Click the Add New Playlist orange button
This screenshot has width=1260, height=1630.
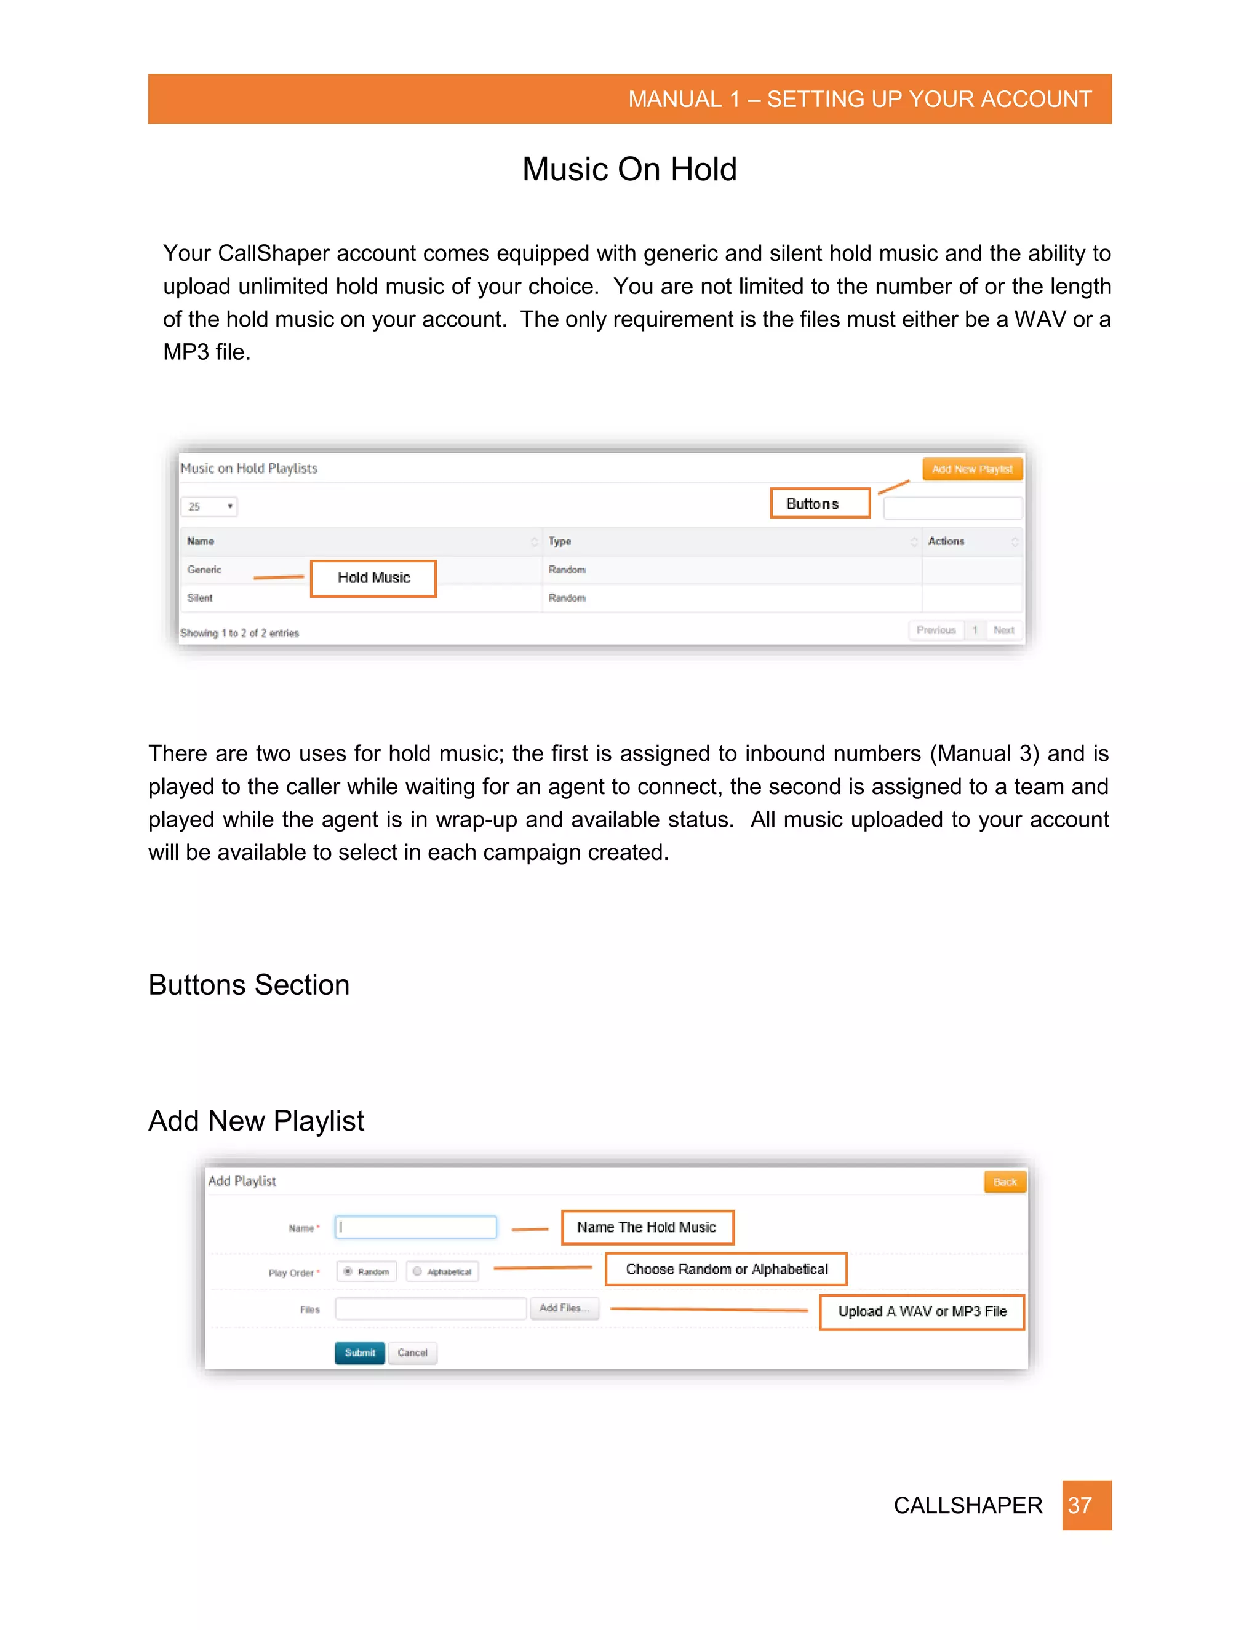tap(972, 469)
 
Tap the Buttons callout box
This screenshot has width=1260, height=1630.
tap(819, 504)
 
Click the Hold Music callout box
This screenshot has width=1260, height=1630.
tap(373, 578)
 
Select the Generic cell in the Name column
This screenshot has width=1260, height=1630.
tap(204, 570)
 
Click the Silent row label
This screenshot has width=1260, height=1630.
tap(200, 598)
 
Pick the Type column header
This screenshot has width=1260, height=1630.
tap(560, 541)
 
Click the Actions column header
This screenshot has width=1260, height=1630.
tap(946, 541)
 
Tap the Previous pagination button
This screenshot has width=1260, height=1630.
tap(936, 630)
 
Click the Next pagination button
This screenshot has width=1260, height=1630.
tap(1003, 630)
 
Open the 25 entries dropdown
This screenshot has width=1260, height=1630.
tap(209, 507)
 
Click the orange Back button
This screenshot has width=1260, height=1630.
tap(1005, 1182)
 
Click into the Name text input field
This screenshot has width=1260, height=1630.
tap(416, 1227)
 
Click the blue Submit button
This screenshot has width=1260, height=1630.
tap(360, 1353)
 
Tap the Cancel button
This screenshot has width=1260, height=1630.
tap(412, 1353)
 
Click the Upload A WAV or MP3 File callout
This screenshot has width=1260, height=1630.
tap(922, 1312)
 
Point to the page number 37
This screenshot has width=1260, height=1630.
tap(1086, 1505)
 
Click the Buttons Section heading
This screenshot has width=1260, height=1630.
tap(249, 985)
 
